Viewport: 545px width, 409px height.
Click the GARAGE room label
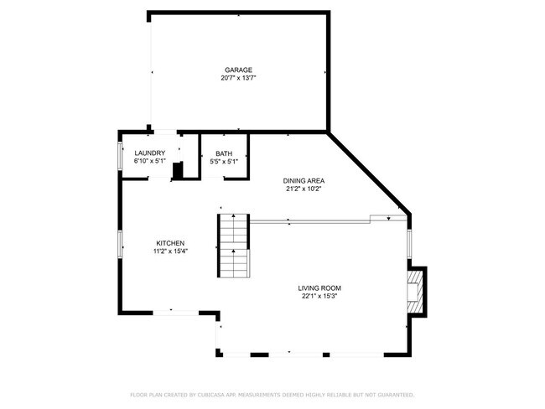coord(238,70)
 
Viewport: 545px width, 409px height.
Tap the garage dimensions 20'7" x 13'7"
coord(238,78)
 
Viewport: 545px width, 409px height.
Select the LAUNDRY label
coord(150,153)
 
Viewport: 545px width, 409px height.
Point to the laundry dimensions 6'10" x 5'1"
coord(150,161)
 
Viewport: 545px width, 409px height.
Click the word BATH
coord(224,153)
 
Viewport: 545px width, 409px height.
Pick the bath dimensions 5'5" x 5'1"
coord(224,161)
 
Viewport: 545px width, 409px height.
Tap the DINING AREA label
coord(304,180)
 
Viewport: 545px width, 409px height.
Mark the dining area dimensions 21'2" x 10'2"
coord(304,189)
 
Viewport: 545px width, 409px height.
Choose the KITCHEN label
coord(169,242)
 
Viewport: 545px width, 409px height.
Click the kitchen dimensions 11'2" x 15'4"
coord(169,251)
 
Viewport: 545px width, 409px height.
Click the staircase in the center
coord(234,246)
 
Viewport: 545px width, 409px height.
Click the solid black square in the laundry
coord(177,171)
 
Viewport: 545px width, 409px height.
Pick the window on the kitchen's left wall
coord(120,243)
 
